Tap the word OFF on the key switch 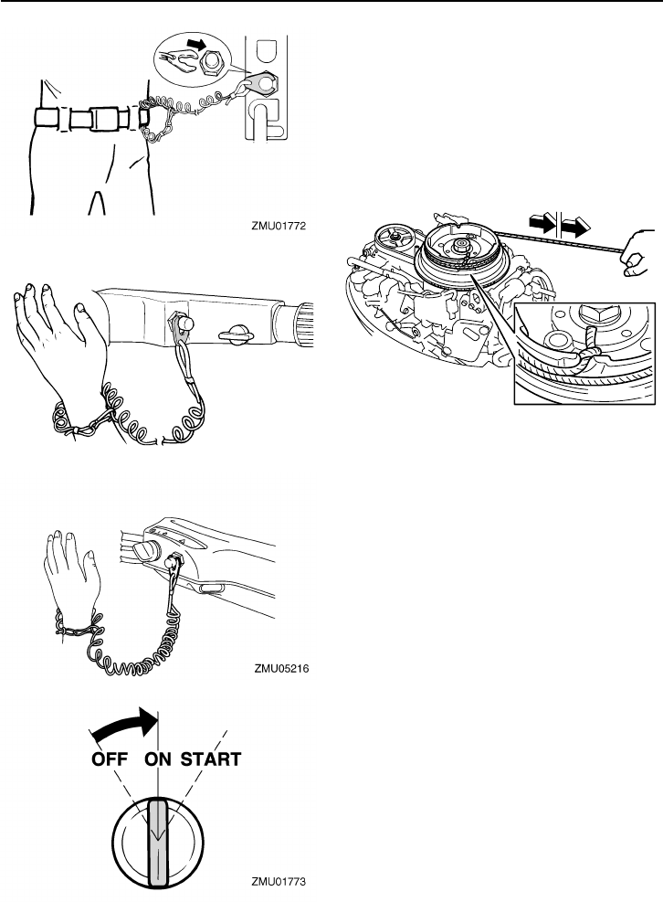[x=111, y=759]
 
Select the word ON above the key [x=162, y=759]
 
